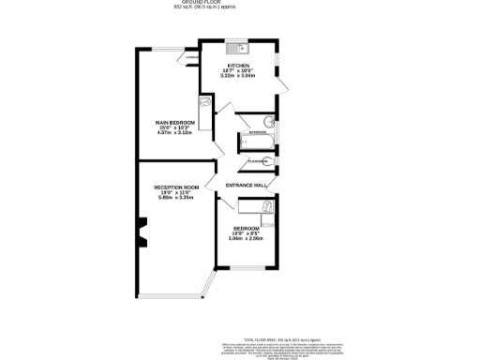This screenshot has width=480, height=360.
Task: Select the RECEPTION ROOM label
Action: coord(177,187)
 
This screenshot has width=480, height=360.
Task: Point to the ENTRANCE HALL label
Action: coord(247,186)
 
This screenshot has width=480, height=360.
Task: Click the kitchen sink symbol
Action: coord(234,46)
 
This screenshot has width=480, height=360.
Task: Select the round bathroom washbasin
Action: coord(268,121)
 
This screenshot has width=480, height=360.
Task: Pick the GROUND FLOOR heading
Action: coord(239,3)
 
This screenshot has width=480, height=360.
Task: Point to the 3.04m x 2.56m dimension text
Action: coord(247,238)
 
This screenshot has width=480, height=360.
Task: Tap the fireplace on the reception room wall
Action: coord(142,232)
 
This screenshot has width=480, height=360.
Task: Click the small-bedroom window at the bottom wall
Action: coord(247,268)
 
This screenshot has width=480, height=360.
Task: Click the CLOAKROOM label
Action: coord(259,161)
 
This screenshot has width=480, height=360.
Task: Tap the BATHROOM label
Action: coord(257,133)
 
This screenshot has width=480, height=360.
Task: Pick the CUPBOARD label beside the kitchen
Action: coord(191,58)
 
